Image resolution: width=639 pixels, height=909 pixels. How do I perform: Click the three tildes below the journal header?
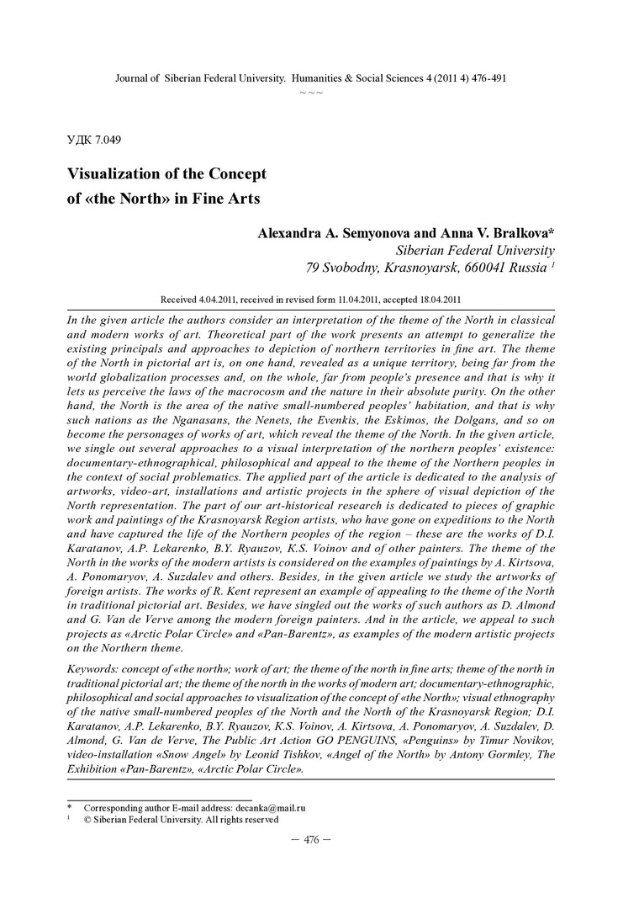tap(311, 91)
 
